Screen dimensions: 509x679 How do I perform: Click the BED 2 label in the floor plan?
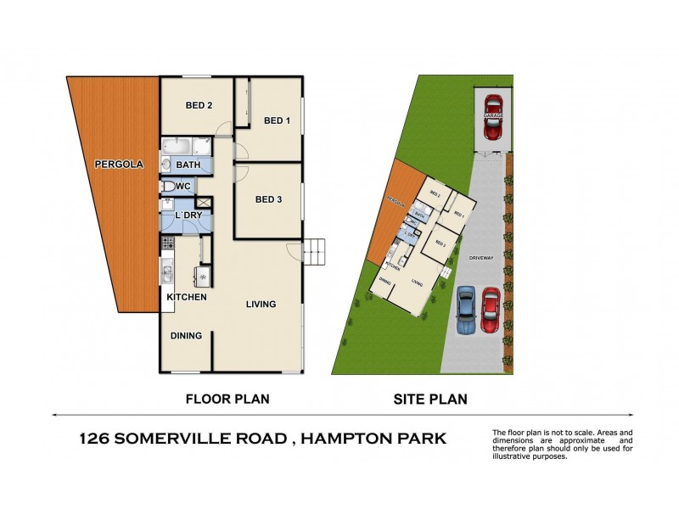[x=198, y=105]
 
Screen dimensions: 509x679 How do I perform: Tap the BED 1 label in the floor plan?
[x=277, y=120]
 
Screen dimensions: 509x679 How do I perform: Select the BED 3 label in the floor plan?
[x=268, y=199]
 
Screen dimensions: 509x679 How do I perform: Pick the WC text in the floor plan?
[x=183, y=186]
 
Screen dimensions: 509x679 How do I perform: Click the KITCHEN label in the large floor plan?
[x=187, y=297]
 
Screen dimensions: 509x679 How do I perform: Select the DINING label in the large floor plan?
[x=186, y=335]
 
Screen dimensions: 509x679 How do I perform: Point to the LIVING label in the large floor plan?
[x=261, y=304]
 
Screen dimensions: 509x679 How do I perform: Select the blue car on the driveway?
[x=464, y=310]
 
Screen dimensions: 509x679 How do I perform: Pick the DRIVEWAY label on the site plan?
[x=479, y=257]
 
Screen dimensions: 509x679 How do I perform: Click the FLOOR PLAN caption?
[x=221, y=397]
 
